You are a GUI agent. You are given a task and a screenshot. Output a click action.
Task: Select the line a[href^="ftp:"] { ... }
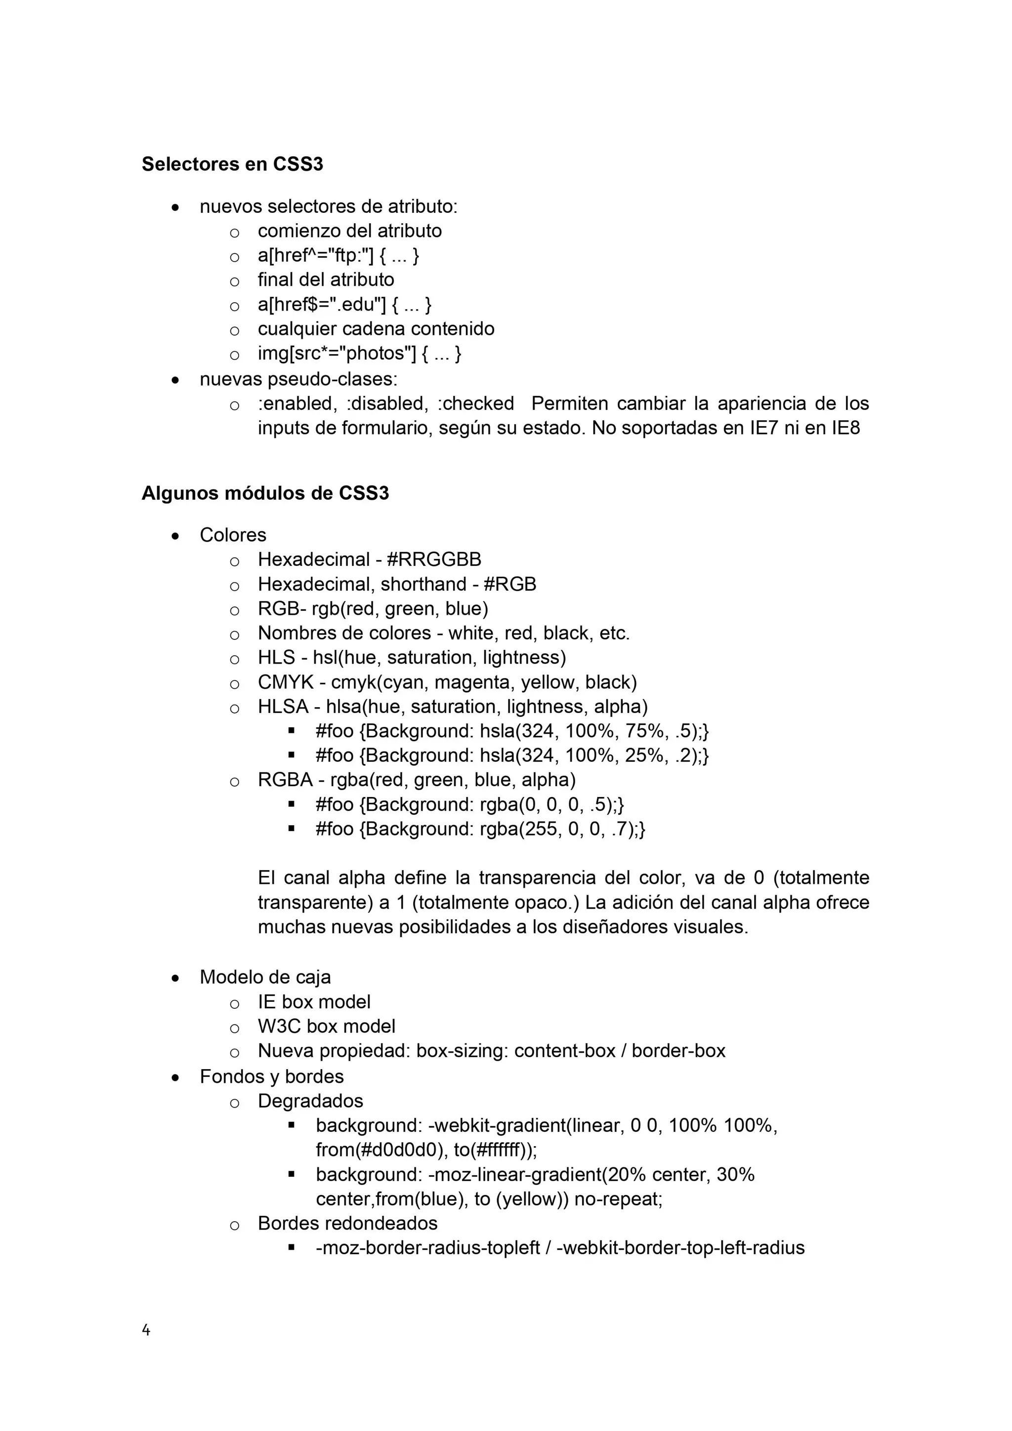point(338,256)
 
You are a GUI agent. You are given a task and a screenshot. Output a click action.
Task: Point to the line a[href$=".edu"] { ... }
point(344,304)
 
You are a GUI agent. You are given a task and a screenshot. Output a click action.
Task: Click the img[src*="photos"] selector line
point(359,354)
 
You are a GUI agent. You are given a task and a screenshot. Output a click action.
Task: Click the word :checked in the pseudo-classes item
point(476,403)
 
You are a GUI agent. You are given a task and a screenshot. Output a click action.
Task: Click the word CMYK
point(286,682)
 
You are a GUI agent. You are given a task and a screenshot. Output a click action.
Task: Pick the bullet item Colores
point(233,535)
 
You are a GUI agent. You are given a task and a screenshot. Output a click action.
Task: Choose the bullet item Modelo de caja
point(265,977)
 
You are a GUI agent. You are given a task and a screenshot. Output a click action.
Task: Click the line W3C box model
point(326,1026)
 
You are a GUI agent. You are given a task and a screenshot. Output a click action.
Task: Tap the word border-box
point(678,1050)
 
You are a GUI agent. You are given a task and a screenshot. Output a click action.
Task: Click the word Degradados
point(310,1101)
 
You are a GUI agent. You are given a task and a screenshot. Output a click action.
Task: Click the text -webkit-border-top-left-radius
point(679,1248)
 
